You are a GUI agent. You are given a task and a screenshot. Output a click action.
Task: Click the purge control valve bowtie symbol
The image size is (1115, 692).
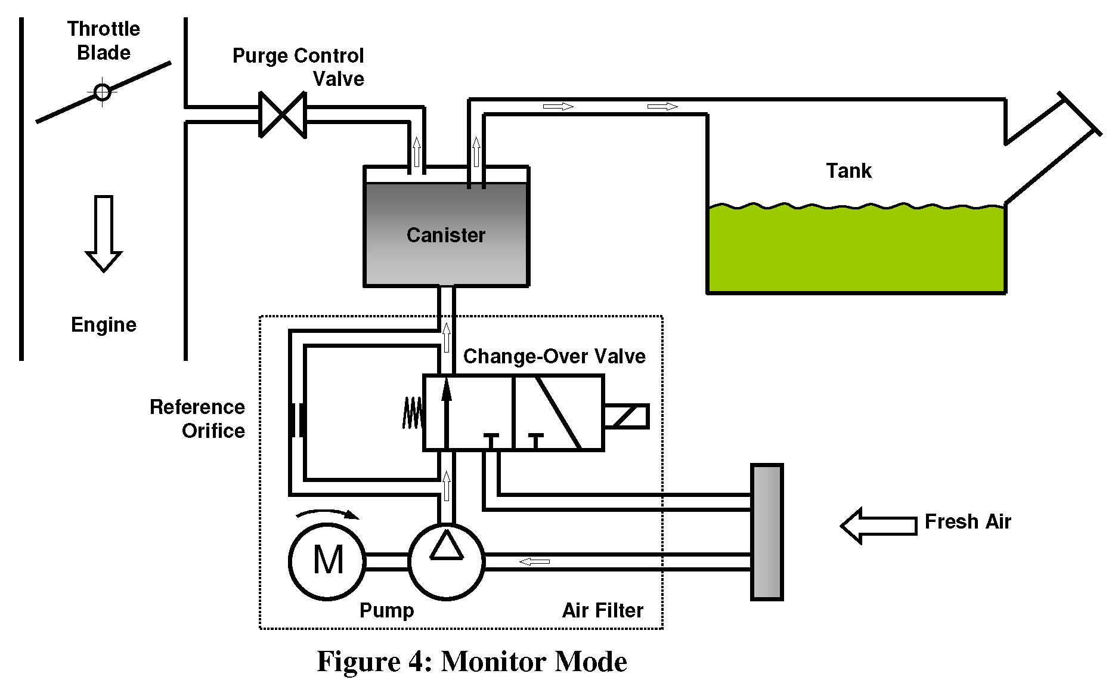(x=283, y=115)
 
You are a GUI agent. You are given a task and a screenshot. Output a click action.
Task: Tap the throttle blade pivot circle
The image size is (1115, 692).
(x=103, y=92)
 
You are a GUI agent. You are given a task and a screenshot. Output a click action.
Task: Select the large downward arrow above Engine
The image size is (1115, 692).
(x=104, y=233)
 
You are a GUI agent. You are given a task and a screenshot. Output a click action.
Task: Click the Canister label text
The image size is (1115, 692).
(x=446, y=235)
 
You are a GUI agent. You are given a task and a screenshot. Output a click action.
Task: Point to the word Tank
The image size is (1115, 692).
(x=848, y=171)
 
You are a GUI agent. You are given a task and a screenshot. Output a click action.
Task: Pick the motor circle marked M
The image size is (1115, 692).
(x=327, y=561)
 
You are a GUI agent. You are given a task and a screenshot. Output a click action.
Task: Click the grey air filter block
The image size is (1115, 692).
(x=767, y=532)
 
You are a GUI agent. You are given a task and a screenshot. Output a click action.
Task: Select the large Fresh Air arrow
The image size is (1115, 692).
(x=878, y=526)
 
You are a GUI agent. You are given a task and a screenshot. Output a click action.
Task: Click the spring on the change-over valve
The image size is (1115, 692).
(x=413, y=413)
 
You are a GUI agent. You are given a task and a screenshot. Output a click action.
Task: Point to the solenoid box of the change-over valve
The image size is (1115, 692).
(x=626, y=416)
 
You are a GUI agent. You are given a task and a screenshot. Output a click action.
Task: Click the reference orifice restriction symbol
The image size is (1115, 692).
(x=298, y=421)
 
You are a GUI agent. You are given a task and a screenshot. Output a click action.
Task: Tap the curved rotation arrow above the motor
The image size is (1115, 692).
(x=328, y=514)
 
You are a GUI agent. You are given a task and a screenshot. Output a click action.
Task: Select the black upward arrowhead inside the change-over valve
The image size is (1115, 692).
(x=447, y=391)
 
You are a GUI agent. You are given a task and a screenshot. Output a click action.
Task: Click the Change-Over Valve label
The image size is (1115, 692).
(x=554, y=356)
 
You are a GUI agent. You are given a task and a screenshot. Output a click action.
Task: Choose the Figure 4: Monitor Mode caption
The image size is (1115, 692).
(x=472, y=662)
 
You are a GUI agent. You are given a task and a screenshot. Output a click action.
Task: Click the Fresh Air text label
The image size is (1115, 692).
(x=968, y=521)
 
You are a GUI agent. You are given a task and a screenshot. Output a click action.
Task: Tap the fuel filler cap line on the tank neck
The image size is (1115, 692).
(x=1079, y=113)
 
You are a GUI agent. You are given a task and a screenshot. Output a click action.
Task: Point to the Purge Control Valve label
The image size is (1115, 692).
(x=298, y=67)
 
